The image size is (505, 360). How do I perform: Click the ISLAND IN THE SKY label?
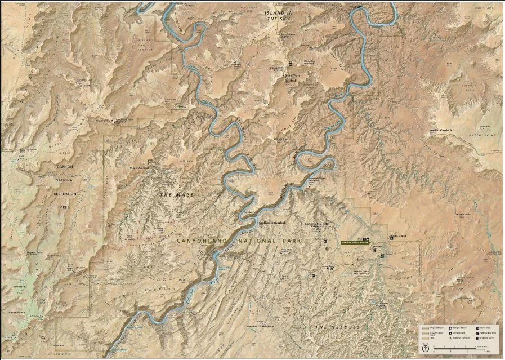280,16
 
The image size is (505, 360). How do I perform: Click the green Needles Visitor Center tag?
355,242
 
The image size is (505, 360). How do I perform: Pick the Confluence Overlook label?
272,223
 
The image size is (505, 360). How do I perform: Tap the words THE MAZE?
177,194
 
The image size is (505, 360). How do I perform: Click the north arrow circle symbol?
426,348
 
